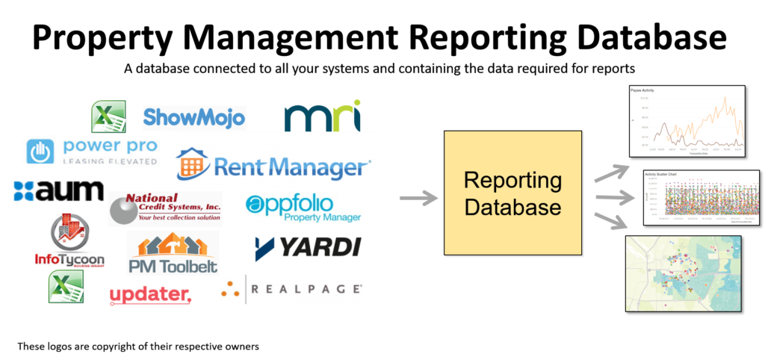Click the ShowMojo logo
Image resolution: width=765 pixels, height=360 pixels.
[x=193, y=117]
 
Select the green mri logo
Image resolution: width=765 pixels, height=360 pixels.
[x=323, y=117]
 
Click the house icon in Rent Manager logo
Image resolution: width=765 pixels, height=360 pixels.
[x=193, y=164]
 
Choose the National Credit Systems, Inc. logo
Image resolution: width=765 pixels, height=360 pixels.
[x=166, y=208]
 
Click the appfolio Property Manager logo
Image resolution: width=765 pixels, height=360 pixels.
[x=303, y=208]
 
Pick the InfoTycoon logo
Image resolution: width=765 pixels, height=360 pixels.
[x=69, y=243]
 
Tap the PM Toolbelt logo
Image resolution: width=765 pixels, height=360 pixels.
[x=173, y=253]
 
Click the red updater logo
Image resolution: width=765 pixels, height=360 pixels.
[x=151, y=296]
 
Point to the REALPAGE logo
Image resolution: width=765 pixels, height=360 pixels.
[x=291, y=289]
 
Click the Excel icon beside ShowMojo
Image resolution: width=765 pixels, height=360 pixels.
[x=108, y=117]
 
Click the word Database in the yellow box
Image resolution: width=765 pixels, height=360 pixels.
[x=512, y=207]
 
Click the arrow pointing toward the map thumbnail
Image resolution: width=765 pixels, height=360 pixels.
[x=609, y=222]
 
